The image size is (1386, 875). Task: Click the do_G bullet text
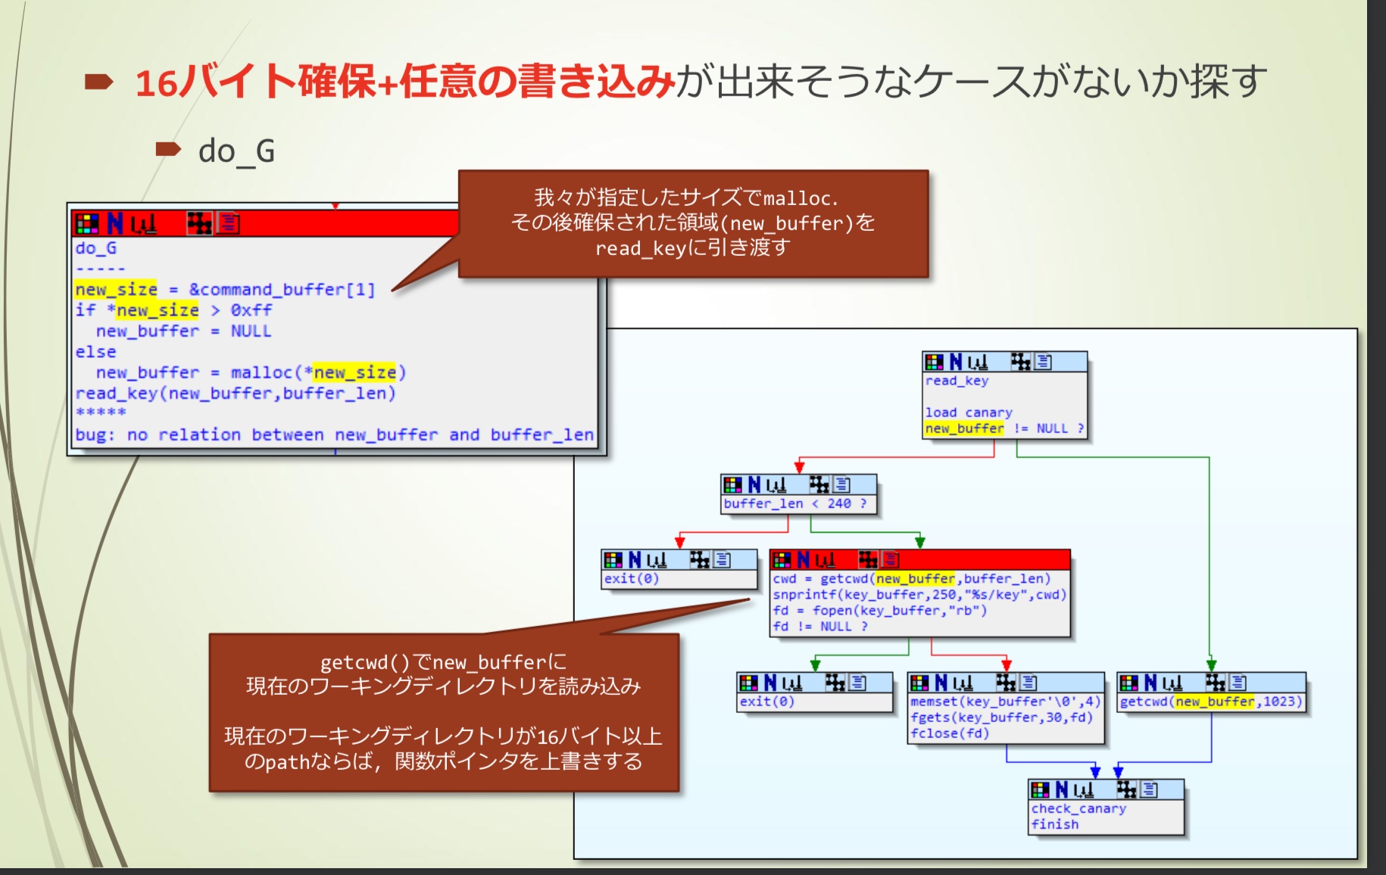click(236, 151)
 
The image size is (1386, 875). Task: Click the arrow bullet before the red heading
click(98, 81)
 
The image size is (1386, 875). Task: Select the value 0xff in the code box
click(251, 310)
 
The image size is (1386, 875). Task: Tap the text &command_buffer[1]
click(282, 290)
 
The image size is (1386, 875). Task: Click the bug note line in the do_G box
click(333, 435)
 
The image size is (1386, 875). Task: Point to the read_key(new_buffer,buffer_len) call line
click(235, 394)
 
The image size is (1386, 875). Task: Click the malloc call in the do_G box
click(318, 373)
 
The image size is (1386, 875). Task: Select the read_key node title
click(957, 381)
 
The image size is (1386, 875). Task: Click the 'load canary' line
click(968, 413)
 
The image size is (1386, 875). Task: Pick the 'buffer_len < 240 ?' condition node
click(794, 504)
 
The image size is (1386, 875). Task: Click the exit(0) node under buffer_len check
click(632, 579)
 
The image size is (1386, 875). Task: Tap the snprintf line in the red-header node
click(919, 595)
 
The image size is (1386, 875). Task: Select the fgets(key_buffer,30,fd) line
click(1001, 718)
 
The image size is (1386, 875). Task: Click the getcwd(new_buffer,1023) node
click(1210, 702)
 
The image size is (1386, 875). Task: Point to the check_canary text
click(1079, 809)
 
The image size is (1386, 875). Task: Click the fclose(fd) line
click(950, 733)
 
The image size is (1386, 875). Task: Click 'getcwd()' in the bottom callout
click(365, 663)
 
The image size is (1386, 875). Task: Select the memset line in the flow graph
click(1004, 702)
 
